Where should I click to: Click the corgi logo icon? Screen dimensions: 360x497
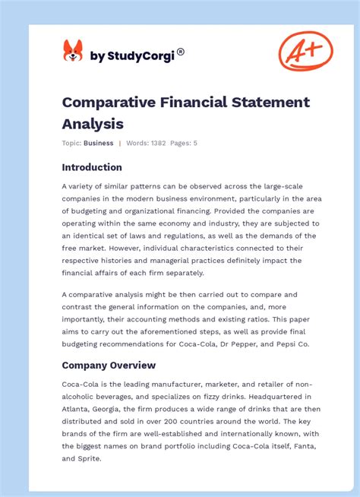(73, 52)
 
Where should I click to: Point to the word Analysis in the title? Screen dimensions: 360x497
(93, 122)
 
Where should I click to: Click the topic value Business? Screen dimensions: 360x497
(99, 143)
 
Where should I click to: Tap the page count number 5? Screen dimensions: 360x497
(195, 143)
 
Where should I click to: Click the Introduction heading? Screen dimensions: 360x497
(92, 167)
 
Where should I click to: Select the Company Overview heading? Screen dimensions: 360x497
(109, 365)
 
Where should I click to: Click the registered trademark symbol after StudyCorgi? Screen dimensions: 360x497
(181, 52)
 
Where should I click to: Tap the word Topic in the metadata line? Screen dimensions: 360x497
(71, 143)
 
